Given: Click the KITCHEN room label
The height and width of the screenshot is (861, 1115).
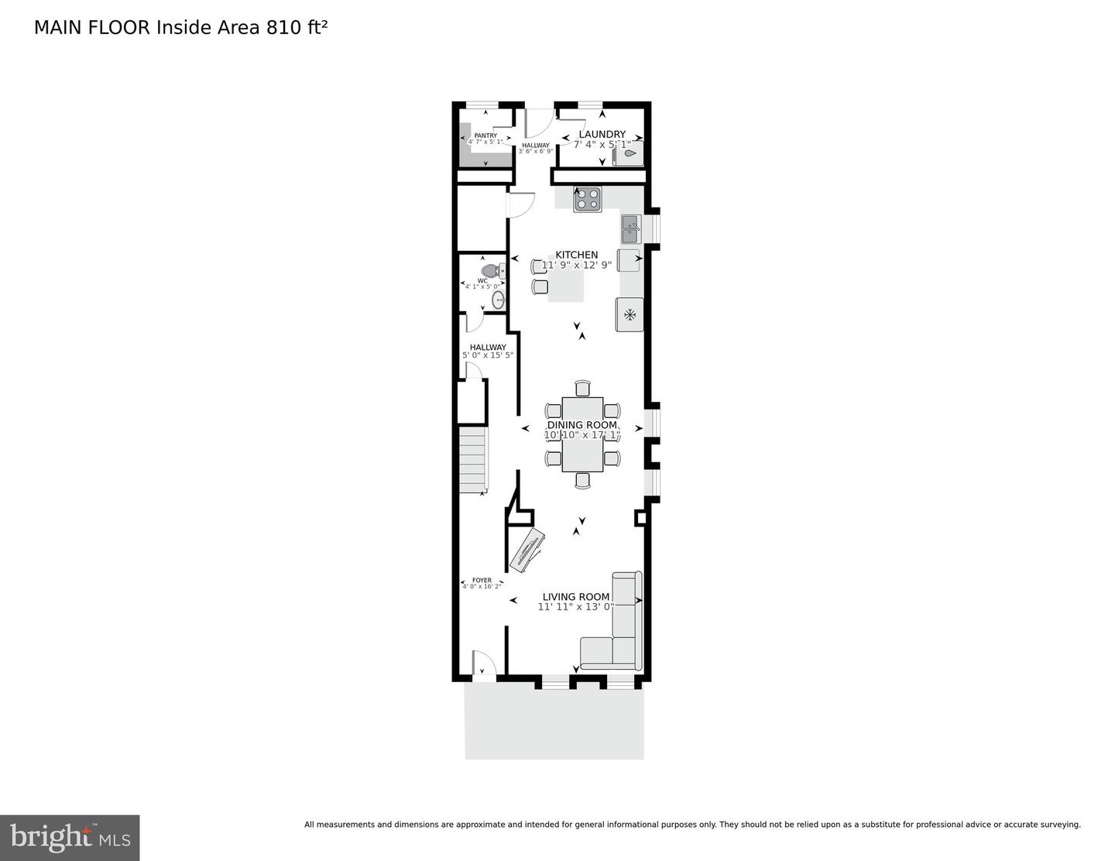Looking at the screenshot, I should [576, 255].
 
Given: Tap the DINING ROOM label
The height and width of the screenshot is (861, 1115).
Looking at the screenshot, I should [582, 425].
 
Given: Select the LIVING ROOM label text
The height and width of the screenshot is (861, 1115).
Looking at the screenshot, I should [576, 597].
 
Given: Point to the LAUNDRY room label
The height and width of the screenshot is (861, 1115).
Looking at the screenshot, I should [602, 135].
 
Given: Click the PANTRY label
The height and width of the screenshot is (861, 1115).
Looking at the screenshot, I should [485, 135].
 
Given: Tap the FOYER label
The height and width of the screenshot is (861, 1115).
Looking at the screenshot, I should [482, 580].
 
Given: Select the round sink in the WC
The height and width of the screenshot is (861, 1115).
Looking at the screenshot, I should [498, 300].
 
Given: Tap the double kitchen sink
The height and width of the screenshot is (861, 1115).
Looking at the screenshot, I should [630, 229].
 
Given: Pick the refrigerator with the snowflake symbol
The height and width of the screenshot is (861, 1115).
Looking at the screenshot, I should [630, 314].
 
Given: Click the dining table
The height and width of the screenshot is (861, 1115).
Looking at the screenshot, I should [582, 434].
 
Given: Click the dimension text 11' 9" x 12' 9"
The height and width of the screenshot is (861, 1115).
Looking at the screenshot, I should [576, 265].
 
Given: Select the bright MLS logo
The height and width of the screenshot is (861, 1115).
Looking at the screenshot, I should [70, 838].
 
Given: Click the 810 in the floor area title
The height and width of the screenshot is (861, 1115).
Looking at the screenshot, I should [283, 28].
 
